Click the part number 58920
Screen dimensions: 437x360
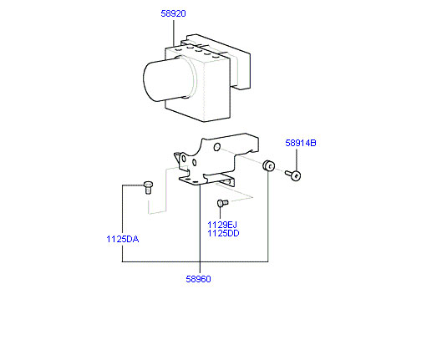[x=173, y=13]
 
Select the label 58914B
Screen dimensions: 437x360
[x=301, y=143]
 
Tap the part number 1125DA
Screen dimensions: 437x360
[x=123, y=239]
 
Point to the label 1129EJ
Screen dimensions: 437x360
[x=222, y=225]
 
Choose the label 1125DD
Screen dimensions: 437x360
[x=223, y=233]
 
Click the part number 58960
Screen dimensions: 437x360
[x=198, y=279]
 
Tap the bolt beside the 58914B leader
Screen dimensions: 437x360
[x=293, y=175]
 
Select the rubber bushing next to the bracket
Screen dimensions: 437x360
[x=269, y=165]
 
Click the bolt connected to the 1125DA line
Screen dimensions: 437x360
[x=148, y=187]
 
